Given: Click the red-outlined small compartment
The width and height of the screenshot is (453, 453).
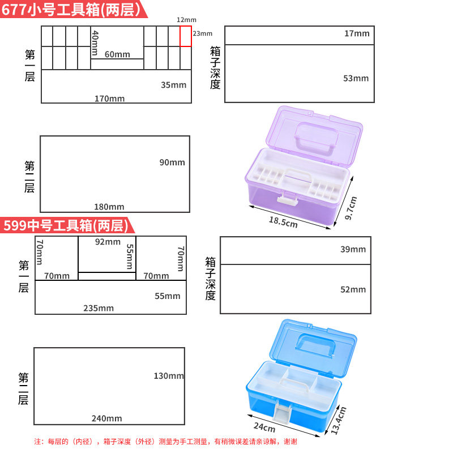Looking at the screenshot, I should pyautogui.click(x=186, y=36).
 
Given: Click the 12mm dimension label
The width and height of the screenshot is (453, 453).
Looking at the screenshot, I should pyautogui.click(x=182, y=20).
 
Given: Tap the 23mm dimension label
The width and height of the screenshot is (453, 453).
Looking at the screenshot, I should pyautogui.click(x=203, y=33).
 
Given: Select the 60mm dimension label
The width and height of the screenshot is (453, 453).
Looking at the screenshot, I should pyautogui.click(x=117, y=54).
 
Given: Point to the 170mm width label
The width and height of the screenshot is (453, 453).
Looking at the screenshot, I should pyautogui.click(x=109, y=99).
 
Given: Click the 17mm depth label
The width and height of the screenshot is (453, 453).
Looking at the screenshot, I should pyautogui.click(x=357, y=33).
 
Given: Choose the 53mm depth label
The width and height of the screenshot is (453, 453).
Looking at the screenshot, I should pyautogui.click(x=356, y=78).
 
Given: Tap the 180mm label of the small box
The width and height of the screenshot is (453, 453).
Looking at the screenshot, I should pyautogui.click(x=109, y=207).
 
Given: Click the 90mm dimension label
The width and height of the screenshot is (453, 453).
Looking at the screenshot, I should pyautogui.click(x=172, y=163).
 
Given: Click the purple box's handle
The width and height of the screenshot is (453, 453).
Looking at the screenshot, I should pyautogui.click(x=316, y=139).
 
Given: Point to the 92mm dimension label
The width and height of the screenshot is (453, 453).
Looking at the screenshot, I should pyautogui.click(x=108, y=242).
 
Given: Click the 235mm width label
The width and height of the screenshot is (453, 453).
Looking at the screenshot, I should pyautogui.click(x=99, y=308).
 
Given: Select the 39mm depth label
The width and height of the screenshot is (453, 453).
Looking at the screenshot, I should pyautogui.click(x=353, y=249).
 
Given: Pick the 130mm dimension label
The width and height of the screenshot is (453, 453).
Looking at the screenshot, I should pyautogui.click(x=169, y=376).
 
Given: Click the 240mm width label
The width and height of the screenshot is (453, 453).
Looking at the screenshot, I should pyautogui.click(x=106, y=418).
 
